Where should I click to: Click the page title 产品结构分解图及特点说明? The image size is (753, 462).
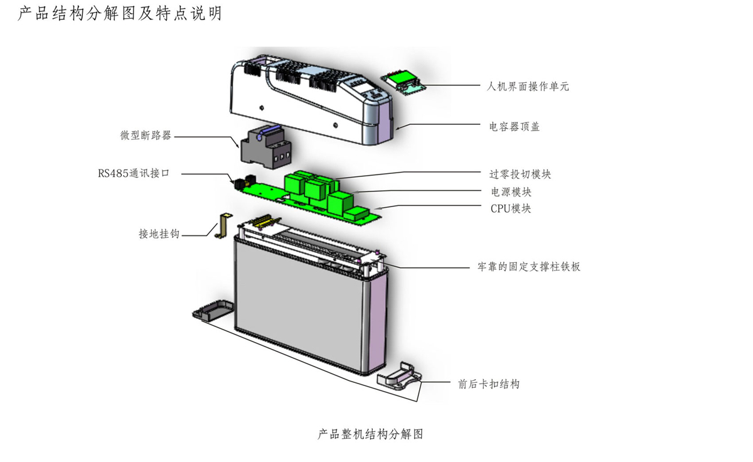(x=119, y=13)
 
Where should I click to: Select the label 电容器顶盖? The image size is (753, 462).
(x=514, y=127)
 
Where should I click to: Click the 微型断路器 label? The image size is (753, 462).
(x=146, y=136)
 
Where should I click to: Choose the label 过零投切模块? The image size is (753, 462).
(x=520, y=174)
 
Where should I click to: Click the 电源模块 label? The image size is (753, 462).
(x=510, y=191)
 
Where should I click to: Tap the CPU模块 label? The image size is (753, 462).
(x=510, y=208)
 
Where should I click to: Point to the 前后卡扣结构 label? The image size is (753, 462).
(x=489, y=384)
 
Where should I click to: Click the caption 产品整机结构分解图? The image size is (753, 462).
(x=370, y=434)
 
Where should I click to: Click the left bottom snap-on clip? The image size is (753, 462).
(x=212, y=312)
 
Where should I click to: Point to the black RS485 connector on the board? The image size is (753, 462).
(x=239, y=183)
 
